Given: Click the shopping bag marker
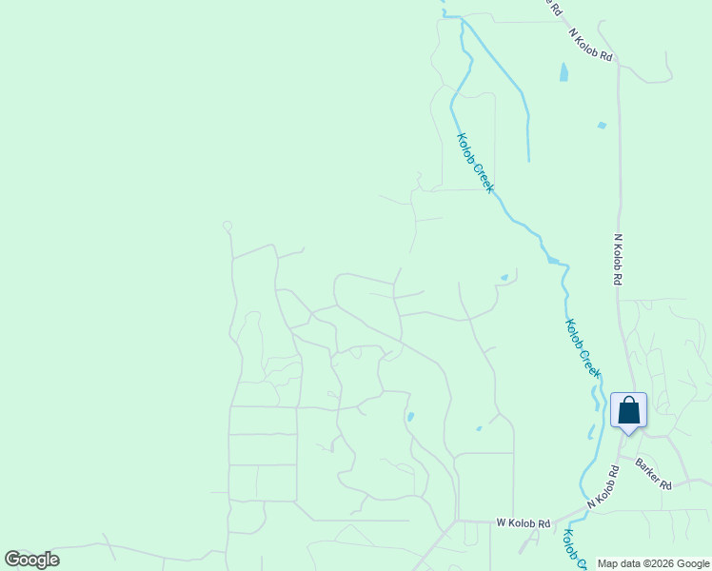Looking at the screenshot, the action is click(628, 411).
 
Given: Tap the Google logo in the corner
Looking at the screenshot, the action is click(31, 560).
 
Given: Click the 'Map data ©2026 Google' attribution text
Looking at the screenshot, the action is click(654, 563).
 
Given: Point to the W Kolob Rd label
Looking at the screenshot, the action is click(524, 523).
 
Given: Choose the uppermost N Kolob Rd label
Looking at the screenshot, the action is click(591, 45).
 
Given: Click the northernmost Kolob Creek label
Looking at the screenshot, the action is click(475, 162).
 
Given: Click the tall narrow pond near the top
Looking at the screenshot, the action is click(564, 71).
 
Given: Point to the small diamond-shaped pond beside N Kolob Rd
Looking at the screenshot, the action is click(601, 125).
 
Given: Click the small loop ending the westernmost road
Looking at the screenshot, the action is click(227, 226).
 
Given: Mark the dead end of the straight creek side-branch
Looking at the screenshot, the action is click(528, 160).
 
